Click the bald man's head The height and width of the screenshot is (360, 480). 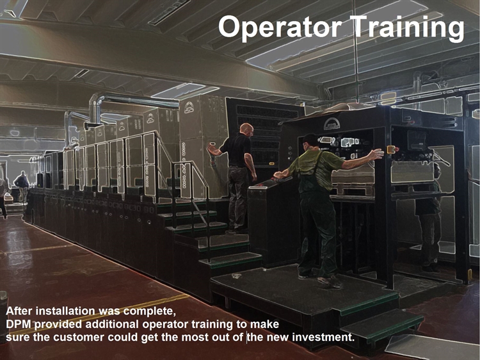point(247,129)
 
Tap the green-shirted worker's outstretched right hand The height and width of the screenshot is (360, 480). point(377,154)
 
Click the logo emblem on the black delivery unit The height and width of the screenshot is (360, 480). point(332,124)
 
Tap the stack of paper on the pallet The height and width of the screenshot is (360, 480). point(353,178)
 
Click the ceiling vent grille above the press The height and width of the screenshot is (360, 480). point(169,12)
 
